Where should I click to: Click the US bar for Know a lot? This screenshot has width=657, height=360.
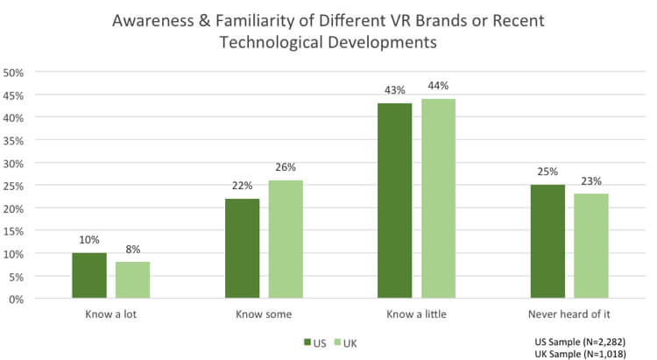tap(89, 276)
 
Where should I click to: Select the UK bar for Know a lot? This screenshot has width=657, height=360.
tap(132, 280)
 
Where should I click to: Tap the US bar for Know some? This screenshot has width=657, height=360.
tap(242, 249)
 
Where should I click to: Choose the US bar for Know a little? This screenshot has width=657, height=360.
tap(395, 201)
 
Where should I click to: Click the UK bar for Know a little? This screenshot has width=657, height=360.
tap(438, 199)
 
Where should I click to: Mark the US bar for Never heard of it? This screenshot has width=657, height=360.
tap(547, 242)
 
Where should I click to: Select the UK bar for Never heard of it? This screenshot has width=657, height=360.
tap(591, 246)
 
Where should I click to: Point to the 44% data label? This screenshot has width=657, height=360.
tap(439, 86)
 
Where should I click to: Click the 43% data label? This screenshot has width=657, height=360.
tap(395, 91)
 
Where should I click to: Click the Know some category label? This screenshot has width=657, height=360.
tap(264, 314)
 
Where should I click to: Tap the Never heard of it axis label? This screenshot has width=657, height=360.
tap(569, 314)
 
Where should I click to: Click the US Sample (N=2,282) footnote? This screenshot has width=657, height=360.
tap(579, 341)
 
